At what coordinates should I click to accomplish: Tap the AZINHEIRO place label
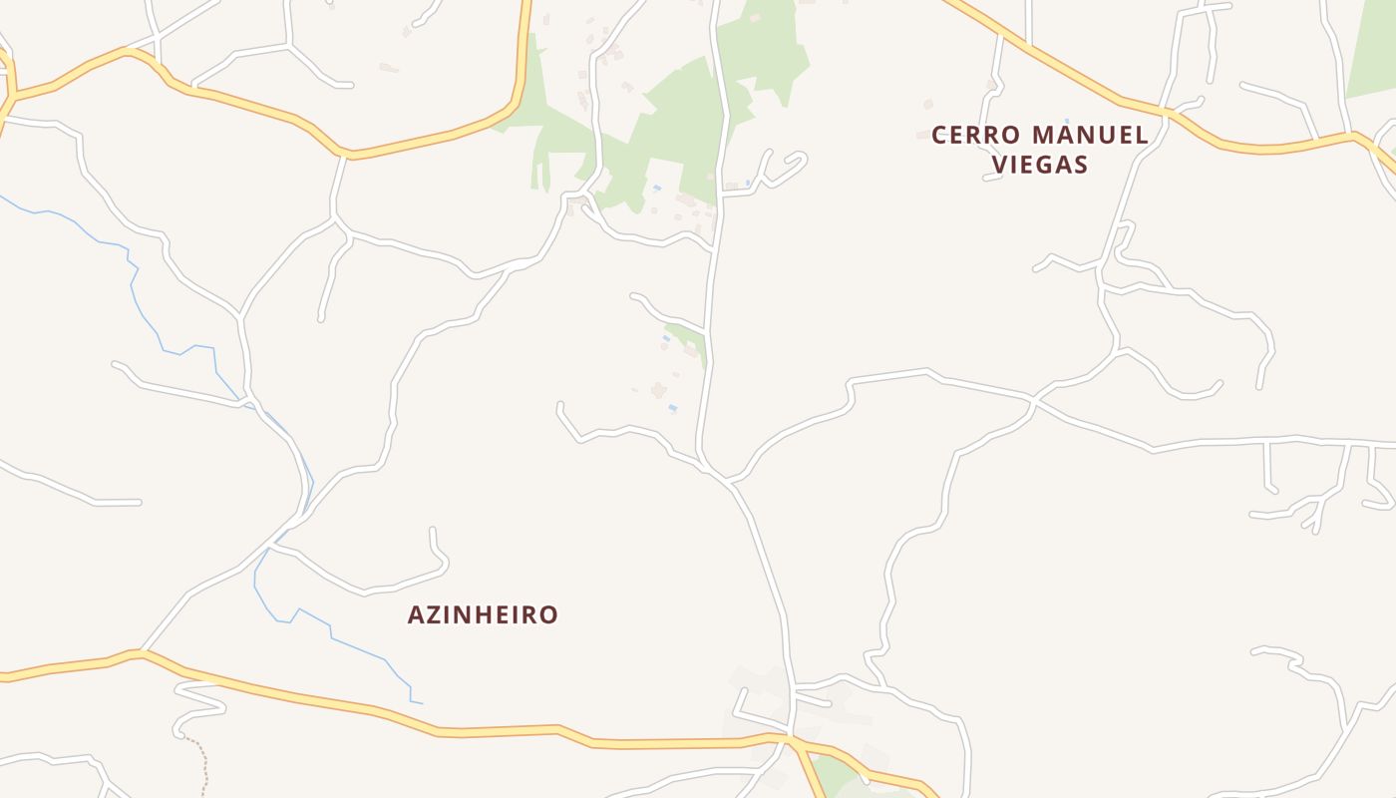pyautogui.click(x=483, y=614)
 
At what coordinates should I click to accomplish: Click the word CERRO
pyautogui.click(x=976, y=136)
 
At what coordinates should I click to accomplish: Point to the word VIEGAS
pyautogui.click(x=1039, y=165)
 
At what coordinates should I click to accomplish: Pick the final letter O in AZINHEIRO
pyautogui.click(x=547, y=614)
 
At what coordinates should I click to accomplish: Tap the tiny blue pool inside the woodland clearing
pyautogui.click(x=656, y=188)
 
